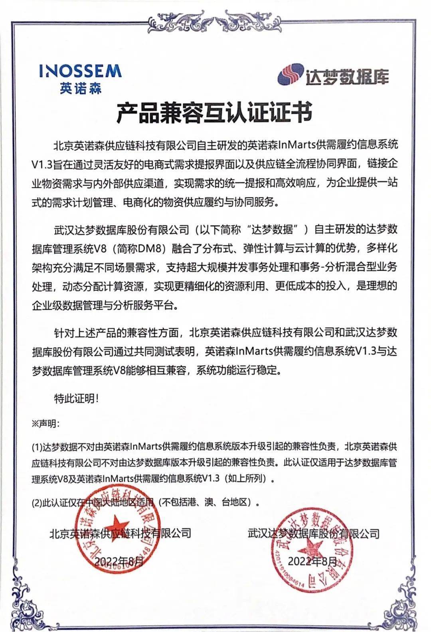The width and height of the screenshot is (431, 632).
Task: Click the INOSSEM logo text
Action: pos(80,71)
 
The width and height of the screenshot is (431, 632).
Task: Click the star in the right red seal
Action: pos(314,547)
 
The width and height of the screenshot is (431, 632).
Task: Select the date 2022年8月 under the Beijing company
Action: pos(119,562)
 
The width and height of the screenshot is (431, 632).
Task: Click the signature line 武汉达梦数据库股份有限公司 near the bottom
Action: pos(313,533)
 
